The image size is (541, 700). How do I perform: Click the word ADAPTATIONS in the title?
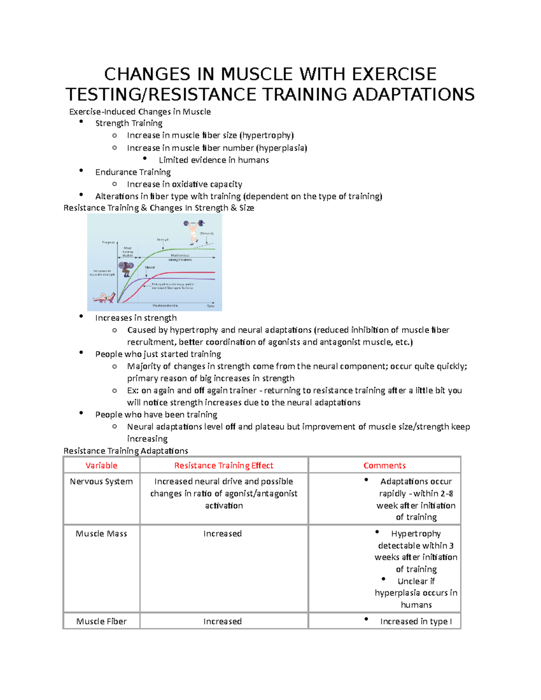[x=413, y=95]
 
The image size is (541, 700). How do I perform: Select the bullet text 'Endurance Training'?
[x=133, y=172]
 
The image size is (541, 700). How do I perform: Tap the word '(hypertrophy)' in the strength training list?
[x=266, y=135]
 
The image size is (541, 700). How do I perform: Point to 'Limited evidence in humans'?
[x=214, y=160]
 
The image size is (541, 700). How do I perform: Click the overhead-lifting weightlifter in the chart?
[x=194, y=231]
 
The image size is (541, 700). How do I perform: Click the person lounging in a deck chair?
[x=103, y=297]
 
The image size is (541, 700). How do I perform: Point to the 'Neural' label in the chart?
[x=150, y=267]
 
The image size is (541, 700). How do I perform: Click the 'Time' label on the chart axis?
[x=210, y=306]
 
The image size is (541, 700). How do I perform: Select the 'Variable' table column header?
[x=101, y=466]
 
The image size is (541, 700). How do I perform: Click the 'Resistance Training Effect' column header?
[x=224, y=466]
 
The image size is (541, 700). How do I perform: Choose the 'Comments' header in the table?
[x=385, y=466]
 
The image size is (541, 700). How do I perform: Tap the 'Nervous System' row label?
[x=101, y=481]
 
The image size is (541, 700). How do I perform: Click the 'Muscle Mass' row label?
[x=101, y=534]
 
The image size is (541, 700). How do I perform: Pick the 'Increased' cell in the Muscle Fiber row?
[x=222, y=622]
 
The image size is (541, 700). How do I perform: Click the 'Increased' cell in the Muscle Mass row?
[x=222, y=534]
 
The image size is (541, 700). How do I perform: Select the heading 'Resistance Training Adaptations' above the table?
[x=126, y=451]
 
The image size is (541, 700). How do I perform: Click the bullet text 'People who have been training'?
[x=156, y=415]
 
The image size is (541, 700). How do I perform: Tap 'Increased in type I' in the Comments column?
[x=416, y=622]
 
